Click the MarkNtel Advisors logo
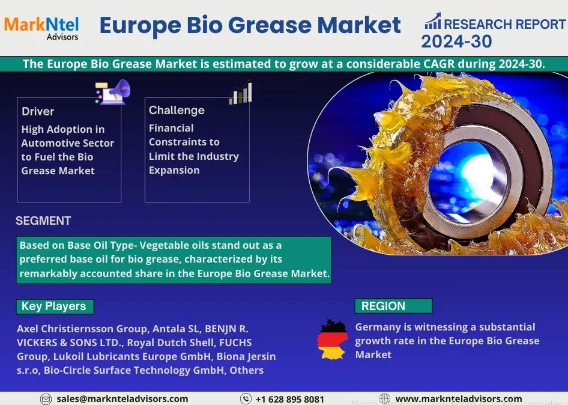[41, 28]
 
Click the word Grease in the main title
[270, 25]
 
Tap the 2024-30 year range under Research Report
[456, 41]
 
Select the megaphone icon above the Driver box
[113, 92]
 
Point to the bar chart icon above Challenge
[241, 93]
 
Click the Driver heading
[38, 111]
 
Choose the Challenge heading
[177, 110]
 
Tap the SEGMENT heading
[43, 221]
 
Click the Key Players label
[53, 306]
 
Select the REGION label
[383, 306]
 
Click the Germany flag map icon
[333, 340]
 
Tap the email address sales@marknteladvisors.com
[122, 399]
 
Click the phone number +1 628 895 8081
[290, 400]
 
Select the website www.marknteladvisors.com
[459, 399]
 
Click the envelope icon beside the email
[46, 400]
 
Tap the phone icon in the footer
[246, 399]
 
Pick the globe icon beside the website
[385, 398]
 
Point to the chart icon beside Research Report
[433, 21]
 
